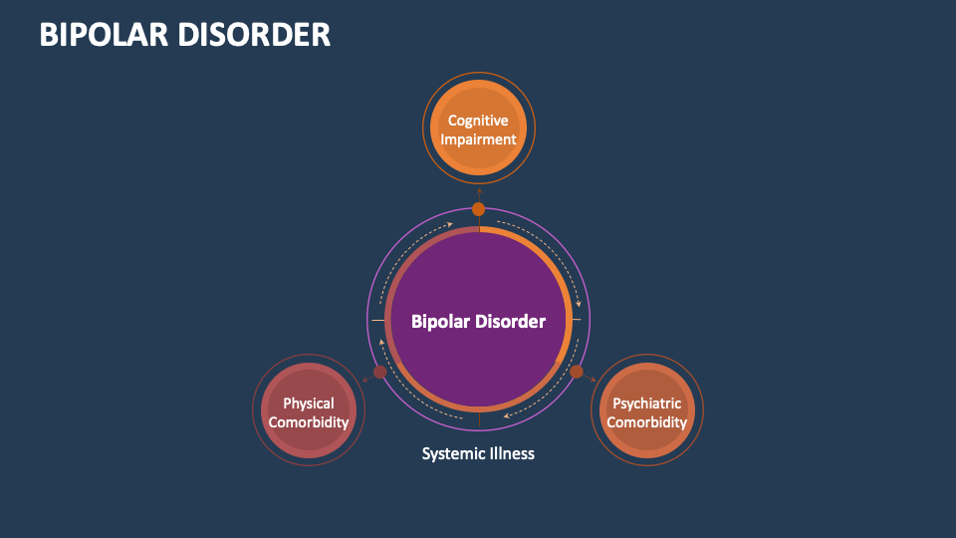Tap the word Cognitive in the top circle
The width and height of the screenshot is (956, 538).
point(478,121)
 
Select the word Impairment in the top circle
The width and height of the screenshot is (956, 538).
point(478,139)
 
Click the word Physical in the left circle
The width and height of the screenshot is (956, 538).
point(309,403)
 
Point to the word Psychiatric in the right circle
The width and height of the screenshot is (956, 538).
point(647,403)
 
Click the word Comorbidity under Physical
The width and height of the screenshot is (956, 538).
point(309,422)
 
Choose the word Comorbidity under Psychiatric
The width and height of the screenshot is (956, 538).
point(647,422)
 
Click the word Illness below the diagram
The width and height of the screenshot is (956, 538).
point(511,453)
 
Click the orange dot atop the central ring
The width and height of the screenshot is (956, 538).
point(478,209)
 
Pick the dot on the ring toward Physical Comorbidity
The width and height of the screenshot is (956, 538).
point(379,372)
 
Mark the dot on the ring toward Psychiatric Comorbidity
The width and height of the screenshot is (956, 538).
point(577,372)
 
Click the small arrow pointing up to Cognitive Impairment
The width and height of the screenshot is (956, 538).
point(478,189)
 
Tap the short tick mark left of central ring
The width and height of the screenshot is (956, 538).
point(377,320)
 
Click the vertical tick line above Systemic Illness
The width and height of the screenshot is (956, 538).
point(479,420)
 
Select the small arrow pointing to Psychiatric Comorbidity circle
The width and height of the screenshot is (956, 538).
point(594,381)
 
